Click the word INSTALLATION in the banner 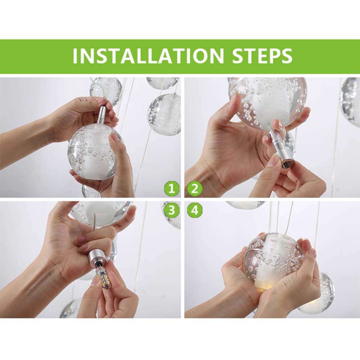148,56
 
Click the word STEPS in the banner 262,56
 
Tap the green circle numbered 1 171,189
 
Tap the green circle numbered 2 195,189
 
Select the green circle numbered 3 171,210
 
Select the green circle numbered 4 195,210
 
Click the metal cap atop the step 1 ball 102,114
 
